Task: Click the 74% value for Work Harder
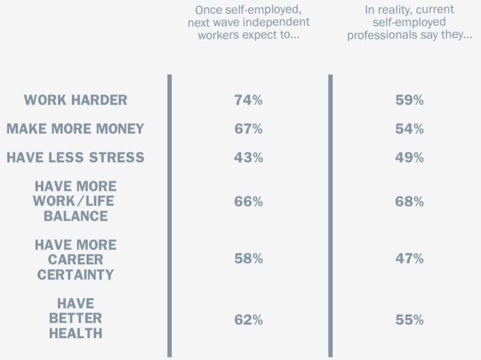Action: pos(249,100)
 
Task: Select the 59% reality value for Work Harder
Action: pos(409,100)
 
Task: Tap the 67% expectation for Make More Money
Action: pos(249,129)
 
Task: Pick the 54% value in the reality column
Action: pos(409,129)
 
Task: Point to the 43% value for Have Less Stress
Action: pos(249,158)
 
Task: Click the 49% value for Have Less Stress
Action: pos(409,158)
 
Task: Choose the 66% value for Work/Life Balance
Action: pos(249,202)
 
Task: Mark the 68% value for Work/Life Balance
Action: pos(409,202)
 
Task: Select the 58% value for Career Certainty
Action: pos(249,259)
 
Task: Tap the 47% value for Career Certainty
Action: pos(409,259)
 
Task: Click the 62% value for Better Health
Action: pos(249,320)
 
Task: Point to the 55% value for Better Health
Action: pos(409,320)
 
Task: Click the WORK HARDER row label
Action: pos(76,100)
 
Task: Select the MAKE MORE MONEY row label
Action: pos(75,129)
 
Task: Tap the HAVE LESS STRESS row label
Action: pos(75,158)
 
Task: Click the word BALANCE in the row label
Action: pos(76,216)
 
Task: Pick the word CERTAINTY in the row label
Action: pos(76,274)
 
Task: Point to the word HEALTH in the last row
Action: pos(76,333)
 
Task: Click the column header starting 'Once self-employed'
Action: pos(249,22)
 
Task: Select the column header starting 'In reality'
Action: pos(409,22)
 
